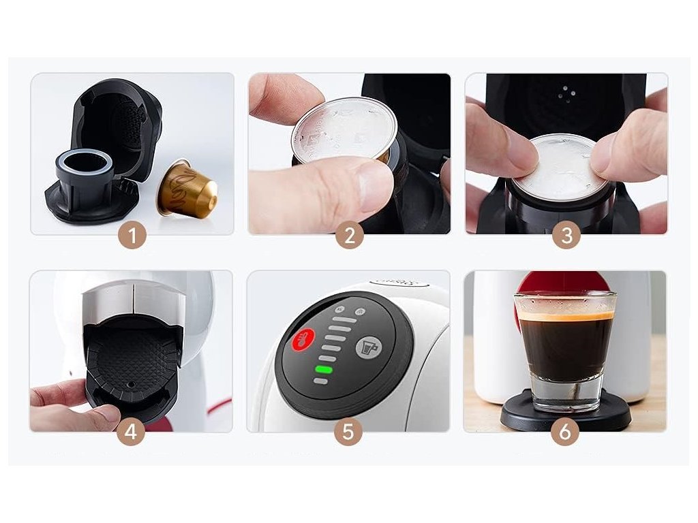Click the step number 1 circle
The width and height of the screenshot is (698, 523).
(x=132, y=235)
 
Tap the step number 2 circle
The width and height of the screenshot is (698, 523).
(x=350, y=235)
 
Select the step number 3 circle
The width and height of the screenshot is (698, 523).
(x=566, y=235)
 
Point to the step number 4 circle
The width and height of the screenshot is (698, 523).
(x=131, y=431)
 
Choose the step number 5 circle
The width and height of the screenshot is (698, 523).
(x=348, y=431)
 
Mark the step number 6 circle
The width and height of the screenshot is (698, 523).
(x=565, y=431)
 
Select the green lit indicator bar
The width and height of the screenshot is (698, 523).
(x=324, y=370)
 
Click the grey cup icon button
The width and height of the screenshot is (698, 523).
(x=369, y=347)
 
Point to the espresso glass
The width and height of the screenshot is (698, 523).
(x=565, y=351)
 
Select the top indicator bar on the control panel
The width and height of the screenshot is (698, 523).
(x=345, y=320)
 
